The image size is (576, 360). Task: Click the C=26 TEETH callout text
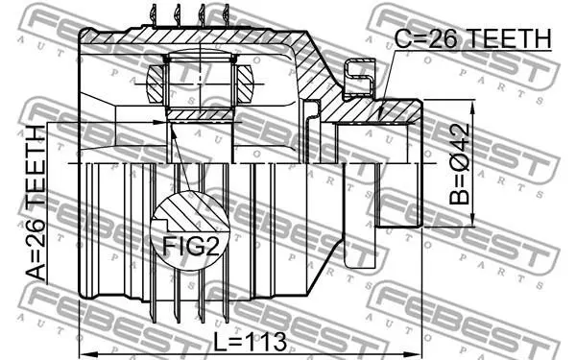click(x=472, y=38)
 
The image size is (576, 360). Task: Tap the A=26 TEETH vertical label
click(x=36, y=204)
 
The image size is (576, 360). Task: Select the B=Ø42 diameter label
click(x=459, y=164)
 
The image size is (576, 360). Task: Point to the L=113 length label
click(x=251, y=342)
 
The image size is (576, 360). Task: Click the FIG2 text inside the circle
click(x=191, y=246)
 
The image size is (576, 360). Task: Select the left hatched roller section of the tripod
click(x=155, y=84)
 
